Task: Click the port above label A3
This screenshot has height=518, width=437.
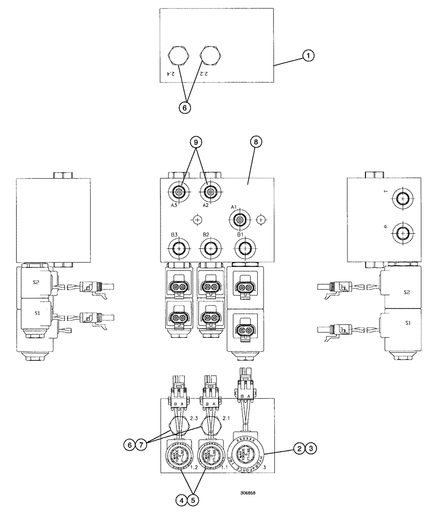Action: point(179,193)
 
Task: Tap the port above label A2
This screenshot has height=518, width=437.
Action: point(210,193)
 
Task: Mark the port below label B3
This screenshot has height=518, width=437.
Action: point(179,250)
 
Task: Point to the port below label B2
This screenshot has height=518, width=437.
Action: point(210,250)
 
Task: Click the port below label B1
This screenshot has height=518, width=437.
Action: point(244,250)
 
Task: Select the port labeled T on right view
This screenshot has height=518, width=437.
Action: point(402,197)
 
